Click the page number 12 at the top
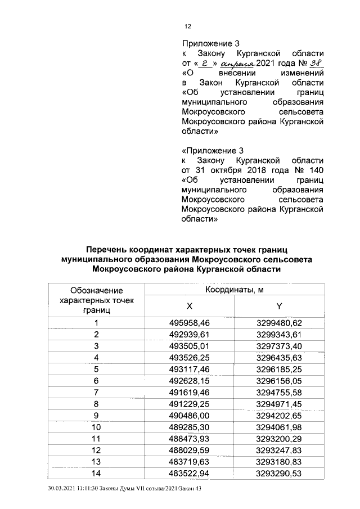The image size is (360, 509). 188,26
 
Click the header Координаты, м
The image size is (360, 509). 234,290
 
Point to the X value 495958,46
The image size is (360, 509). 189,323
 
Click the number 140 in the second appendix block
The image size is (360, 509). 316,170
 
